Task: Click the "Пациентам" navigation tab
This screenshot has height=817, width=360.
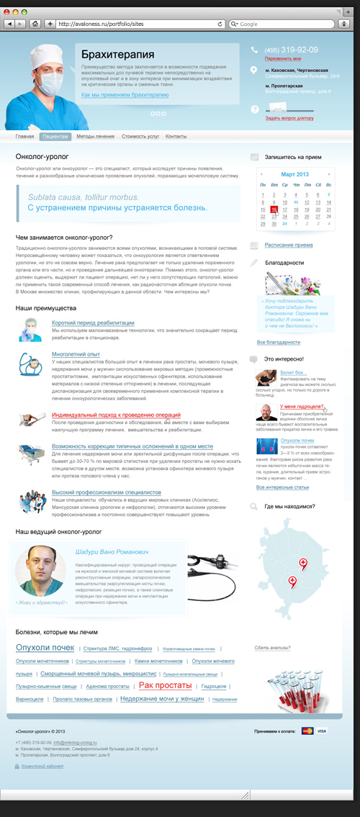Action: [55, 136]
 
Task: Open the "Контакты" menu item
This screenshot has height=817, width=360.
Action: [176, 136]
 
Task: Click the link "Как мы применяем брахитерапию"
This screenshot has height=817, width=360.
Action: [125, 95]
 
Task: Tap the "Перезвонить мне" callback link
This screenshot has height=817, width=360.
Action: [283, 58]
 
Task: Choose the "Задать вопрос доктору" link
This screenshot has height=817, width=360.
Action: [289, 117]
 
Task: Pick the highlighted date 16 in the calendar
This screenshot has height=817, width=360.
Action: [274, 209]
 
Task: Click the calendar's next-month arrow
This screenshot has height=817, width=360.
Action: [329, 175]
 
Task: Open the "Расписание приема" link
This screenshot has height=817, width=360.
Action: [288, 245]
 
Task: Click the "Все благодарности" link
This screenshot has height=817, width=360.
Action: [278, 342]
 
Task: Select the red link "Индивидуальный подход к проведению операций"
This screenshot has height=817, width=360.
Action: [116, 415]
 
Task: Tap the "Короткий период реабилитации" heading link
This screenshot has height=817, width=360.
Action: [93, 323]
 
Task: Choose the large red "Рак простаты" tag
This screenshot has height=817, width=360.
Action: [165, 685]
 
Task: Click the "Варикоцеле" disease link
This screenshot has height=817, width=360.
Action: [29, 699]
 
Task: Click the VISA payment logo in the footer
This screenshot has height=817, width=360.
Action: [321, 731]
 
